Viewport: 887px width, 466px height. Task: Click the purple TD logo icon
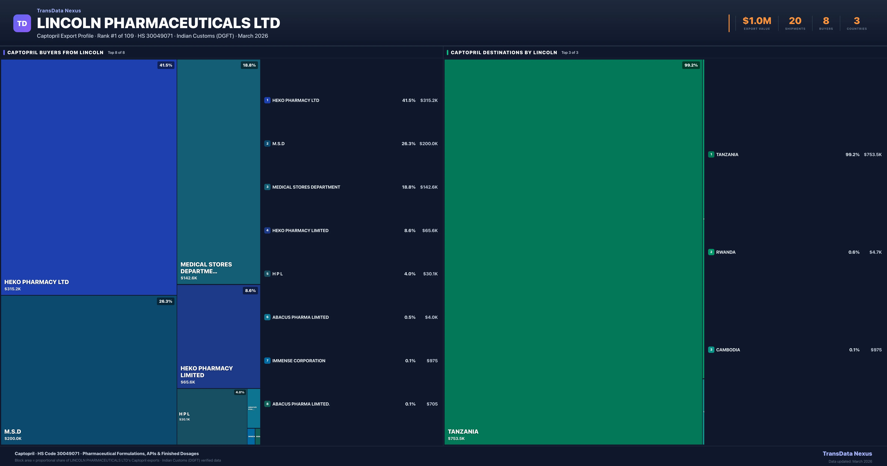point(22,23)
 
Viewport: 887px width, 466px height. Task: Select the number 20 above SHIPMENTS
point(795,21)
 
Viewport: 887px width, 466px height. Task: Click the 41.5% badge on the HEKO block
point(166,65)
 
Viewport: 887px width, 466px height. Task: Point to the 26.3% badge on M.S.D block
point(165,301)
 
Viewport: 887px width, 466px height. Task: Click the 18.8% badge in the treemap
point(249,65)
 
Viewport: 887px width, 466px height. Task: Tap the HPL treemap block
point(212,416)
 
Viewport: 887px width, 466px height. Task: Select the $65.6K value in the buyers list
point(429,231)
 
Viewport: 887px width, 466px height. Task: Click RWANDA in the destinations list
point(725,252)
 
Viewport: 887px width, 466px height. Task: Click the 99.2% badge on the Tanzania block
point(691,65)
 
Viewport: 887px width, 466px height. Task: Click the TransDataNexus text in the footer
point(847,454)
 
